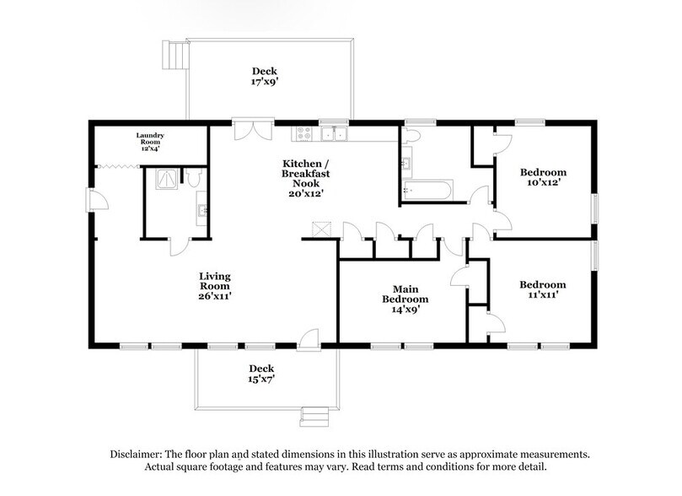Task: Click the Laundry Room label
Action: tap(150, 138)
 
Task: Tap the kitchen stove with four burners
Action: tap(303, 133)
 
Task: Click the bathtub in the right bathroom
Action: tap(427, 189)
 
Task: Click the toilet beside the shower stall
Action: tap(193, 178)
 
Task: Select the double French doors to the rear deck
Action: tap(254, 131)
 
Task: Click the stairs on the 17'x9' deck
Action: tap(174, 55)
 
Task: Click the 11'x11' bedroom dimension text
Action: tap(542, 296)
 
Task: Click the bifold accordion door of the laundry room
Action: tap(119, 167)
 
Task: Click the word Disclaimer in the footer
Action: tap(137, 453)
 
